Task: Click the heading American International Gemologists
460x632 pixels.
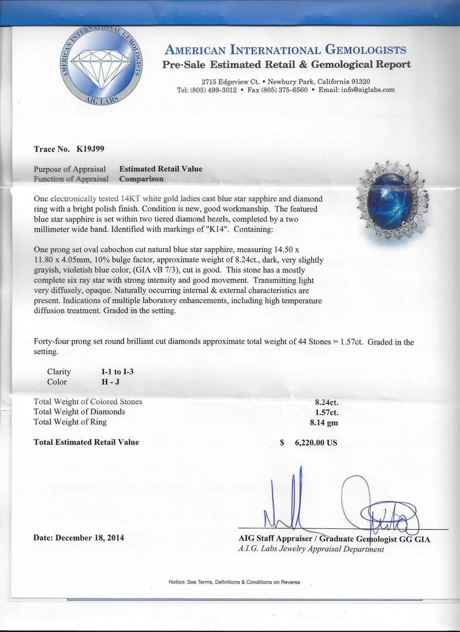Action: (x=285, y=50)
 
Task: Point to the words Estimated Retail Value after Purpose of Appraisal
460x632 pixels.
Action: (x=161, y=169)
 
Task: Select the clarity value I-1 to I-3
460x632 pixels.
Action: (x=121, y=372)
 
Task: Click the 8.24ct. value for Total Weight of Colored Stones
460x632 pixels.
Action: (x=326, y=402)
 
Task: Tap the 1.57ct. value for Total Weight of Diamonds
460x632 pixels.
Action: (x=326, y=412)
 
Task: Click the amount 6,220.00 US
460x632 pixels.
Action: (x=314, y=443)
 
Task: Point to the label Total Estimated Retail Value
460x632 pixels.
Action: (x=86, y=442)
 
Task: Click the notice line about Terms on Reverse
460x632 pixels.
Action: (x=234, y=582)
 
